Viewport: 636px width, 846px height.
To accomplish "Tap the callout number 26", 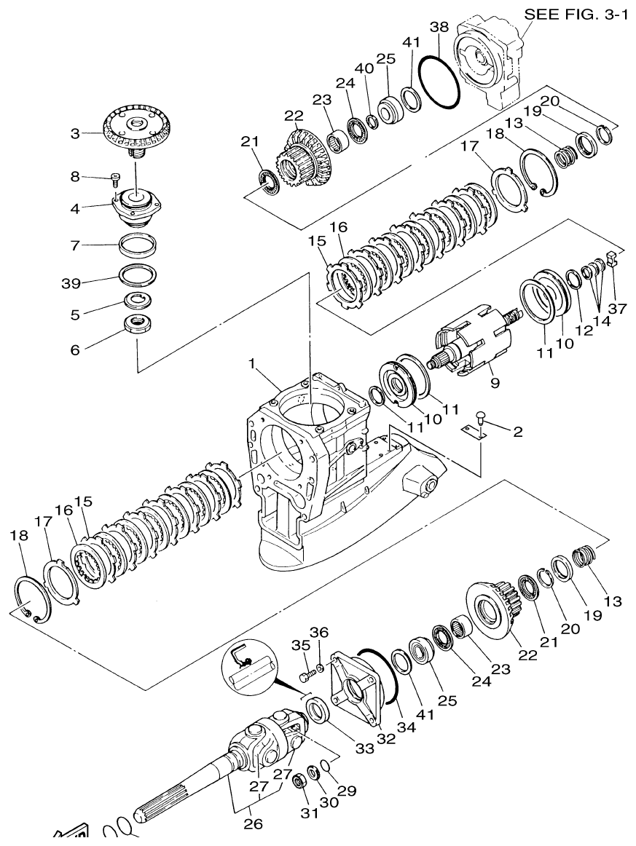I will (252, 824).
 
